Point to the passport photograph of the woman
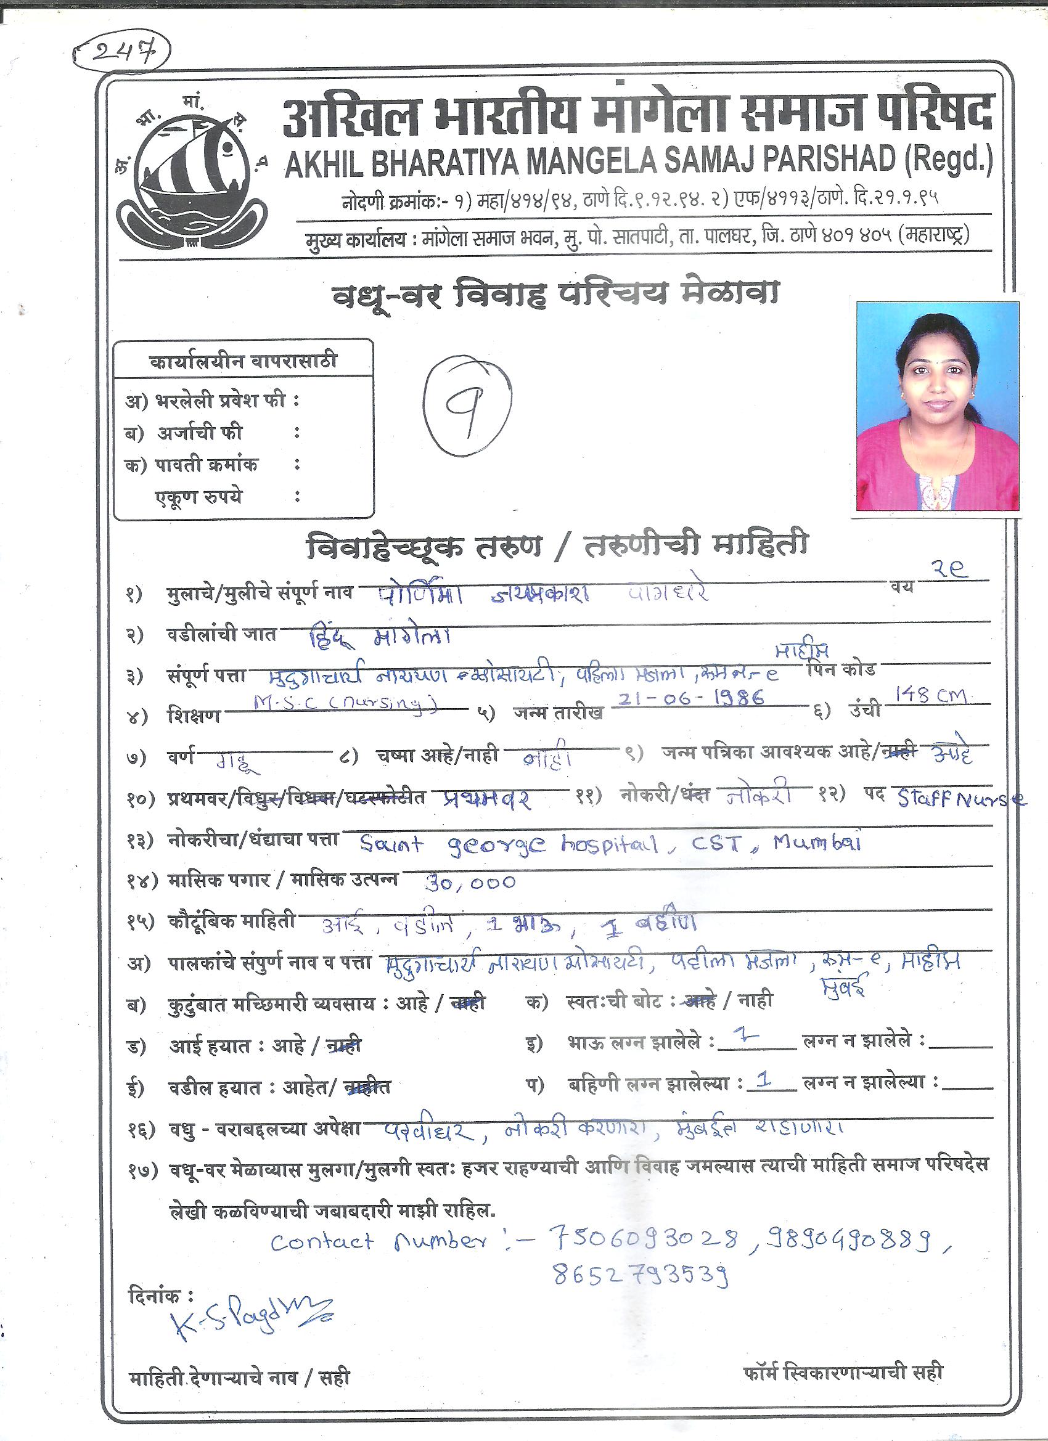[938, 406]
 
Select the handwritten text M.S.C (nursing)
[345, 703]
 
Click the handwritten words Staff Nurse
[960, 798]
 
